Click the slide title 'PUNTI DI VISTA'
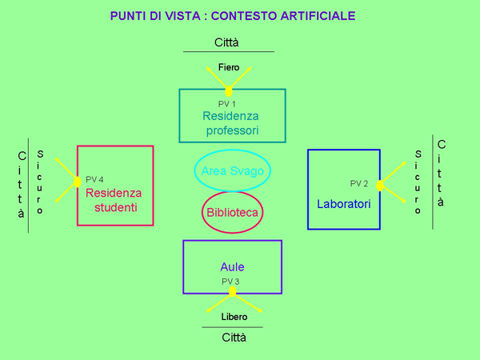233,16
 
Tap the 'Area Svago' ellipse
232,170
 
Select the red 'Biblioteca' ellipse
232,213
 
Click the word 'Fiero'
229,67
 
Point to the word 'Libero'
234,317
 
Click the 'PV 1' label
227,104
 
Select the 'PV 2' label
359,183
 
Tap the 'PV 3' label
230,282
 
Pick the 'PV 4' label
94,179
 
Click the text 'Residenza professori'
231,123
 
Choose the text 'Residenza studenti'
113,200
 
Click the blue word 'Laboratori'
344,204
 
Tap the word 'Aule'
232,266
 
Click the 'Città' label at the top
227,42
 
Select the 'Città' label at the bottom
234,337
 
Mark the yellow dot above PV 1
229,91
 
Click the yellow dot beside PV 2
380,186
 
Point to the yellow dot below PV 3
232,293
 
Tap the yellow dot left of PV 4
78,182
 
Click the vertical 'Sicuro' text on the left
40,182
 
